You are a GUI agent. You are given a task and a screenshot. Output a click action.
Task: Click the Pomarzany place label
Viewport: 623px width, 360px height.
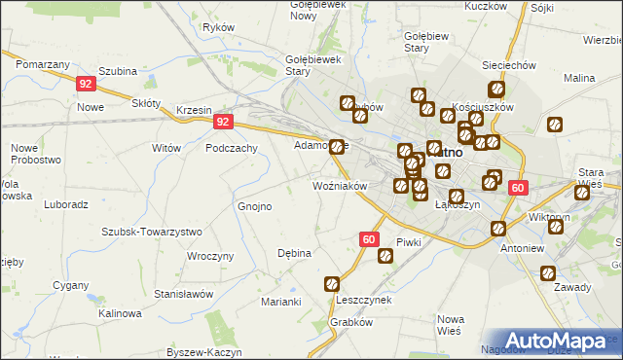[43, 62]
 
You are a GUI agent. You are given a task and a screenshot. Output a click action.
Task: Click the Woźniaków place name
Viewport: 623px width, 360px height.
[339, 185]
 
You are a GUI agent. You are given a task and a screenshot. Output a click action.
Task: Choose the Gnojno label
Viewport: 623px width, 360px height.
[255, 206]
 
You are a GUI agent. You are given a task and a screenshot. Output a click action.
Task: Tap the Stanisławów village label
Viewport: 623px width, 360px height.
[183, 293]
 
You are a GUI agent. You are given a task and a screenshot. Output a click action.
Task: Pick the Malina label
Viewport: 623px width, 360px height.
[578, 77]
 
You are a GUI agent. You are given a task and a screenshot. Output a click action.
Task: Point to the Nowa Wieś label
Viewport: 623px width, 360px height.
[450, 325]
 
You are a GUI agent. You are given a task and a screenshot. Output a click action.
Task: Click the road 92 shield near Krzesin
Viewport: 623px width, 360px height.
[224, 122]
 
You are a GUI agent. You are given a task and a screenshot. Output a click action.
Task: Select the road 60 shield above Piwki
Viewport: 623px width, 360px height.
[368, 238]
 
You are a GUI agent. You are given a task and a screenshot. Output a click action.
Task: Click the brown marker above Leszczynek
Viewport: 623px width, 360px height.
[332, 284]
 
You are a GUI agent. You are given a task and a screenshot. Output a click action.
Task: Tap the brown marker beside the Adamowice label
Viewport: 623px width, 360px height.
[338, 147]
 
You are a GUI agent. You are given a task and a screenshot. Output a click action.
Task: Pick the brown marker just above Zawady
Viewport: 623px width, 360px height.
[548, 273]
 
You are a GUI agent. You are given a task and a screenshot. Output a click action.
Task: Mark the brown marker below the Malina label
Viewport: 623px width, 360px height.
[555, 125]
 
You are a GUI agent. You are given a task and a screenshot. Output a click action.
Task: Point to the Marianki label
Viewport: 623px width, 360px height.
[280, 302]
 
